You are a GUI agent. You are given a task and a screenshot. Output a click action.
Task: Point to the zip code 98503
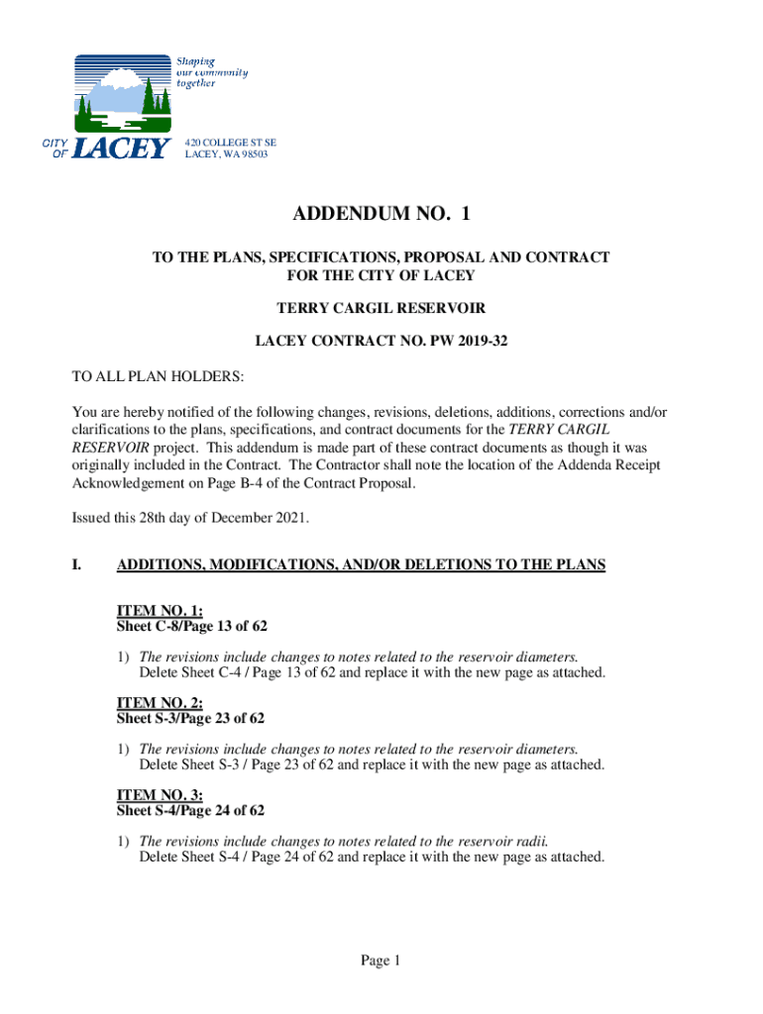pyautogui.click(x=253, y=154)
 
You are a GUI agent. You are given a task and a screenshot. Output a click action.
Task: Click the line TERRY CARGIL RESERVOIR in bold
pyautogui.click(x=381, y=308)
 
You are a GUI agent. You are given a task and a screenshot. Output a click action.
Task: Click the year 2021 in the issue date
pyautogui.click(x=291, y=517)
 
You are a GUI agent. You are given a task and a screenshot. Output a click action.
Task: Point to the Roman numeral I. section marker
pyautogui.click(x=76, y=565)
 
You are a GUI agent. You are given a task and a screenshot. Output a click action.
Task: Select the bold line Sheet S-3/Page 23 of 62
pyautogui.click(x=190, y=718)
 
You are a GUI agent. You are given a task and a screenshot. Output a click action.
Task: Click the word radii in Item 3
pyautogui.click(x=530, y=841)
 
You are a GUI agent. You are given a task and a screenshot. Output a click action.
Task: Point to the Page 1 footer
pyautogui.click(x=381, y=961)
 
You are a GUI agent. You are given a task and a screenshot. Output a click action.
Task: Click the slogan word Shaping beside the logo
pyautogui.click(x=195, y=61)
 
